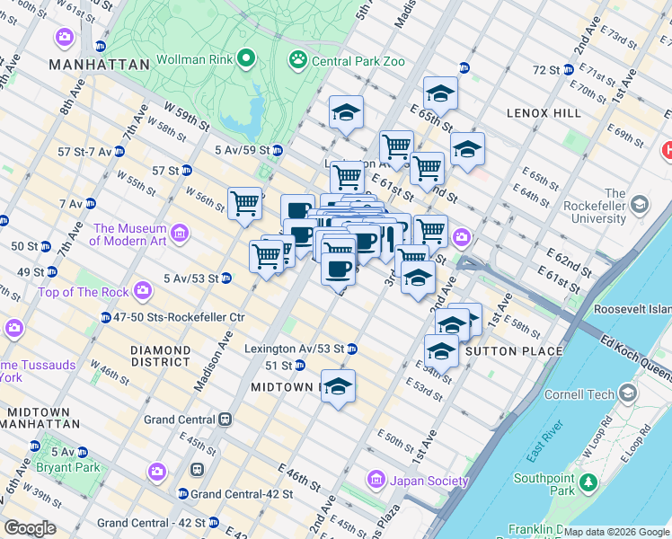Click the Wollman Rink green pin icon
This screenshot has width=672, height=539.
(x=245, y=60)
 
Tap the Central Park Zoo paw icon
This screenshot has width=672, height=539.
(x=296, y=60)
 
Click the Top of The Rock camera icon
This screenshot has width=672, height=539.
(x=143, y=290)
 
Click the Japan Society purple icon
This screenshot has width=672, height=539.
(x=376, y=480)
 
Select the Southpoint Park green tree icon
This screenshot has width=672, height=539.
(x=588, y=483)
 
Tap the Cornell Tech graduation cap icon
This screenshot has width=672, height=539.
(x=629, y=393)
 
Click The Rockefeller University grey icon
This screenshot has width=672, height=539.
(x=640, y=205)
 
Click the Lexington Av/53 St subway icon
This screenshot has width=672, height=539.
(x=352, y=349)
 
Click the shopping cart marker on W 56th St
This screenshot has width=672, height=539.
(x=244, y=204)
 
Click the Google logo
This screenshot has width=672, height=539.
(x=30, y=528)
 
